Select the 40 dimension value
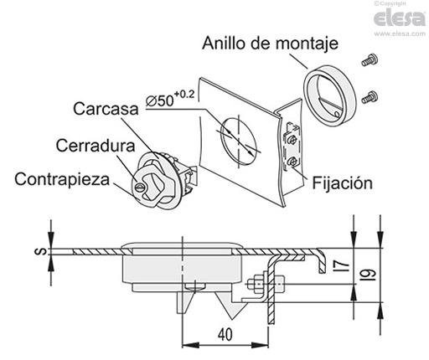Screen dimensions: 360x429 (x=225, y=332)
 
